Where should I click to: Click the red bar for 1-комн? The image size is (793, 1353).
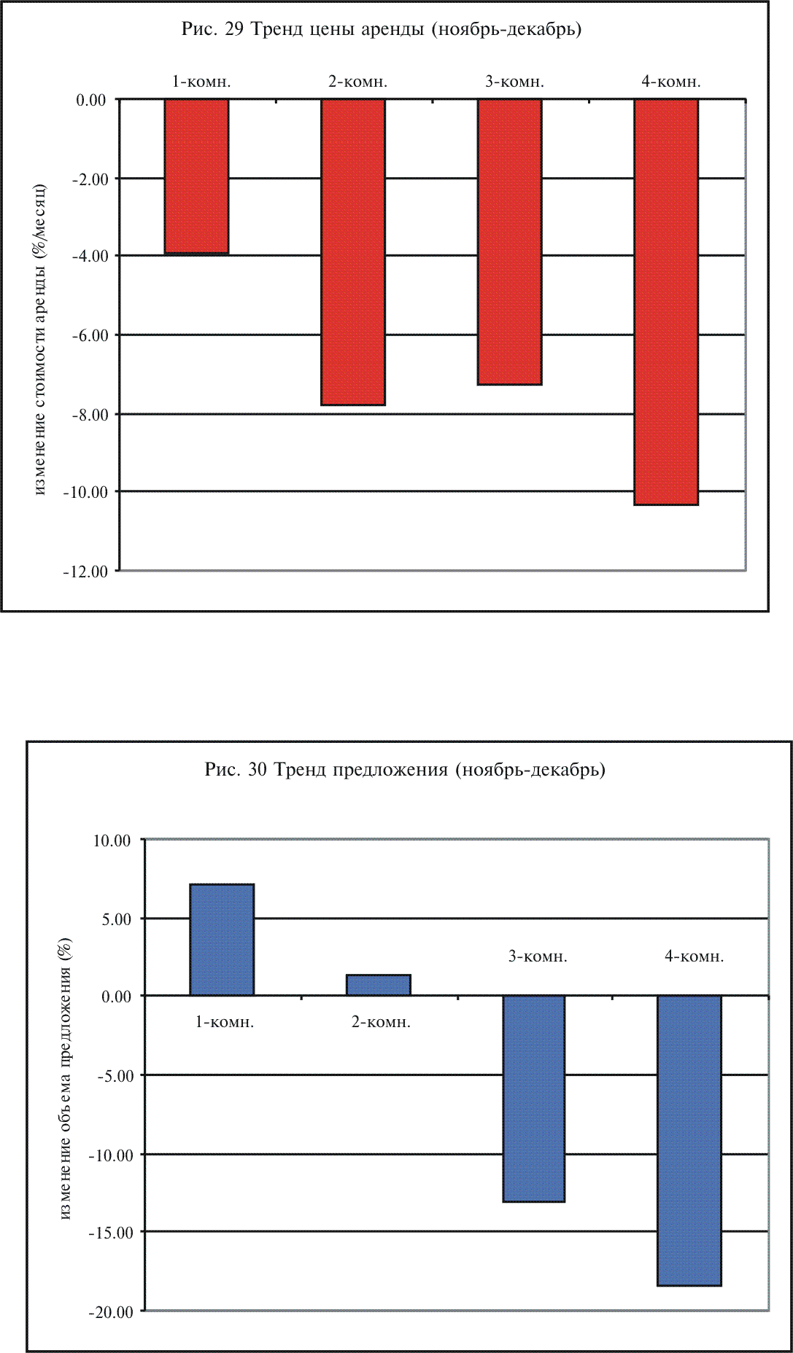(196, 176)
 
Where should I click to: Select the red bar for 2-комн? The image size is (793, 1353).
(353, 252)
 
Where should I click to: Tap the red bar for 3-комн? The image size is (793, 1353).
(509, 241)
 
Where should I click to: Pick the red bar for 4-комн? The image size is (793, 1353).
(665, 302)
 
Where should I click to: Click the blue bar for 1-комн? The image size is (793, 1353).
(222, 940)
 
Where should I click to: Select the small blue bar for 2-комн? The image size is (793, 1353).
(378, 985)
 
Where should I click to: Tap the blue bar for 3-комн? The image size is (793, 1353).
(534, 1098)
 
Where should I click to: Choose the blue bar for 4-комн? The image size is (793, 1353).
(689, 1140)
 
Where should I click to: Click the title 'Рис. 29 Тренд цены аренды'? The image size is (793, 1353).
(381, 30)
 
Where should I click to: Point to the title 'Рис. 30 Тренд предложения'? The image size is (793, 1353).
(405, 770)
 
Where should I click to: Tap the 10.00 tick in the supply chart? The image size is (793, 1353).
(111, 841)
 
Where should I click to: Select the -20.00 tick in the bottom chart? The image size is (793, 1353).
(111, 1312)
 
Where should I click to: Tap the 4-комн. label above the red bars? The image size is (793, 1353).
(671, 82)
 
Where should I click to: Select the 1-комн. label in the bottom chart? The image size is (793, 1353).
(225, 1022)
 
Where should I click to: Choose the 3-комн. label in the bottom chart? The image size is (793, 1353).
(538, 956)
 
